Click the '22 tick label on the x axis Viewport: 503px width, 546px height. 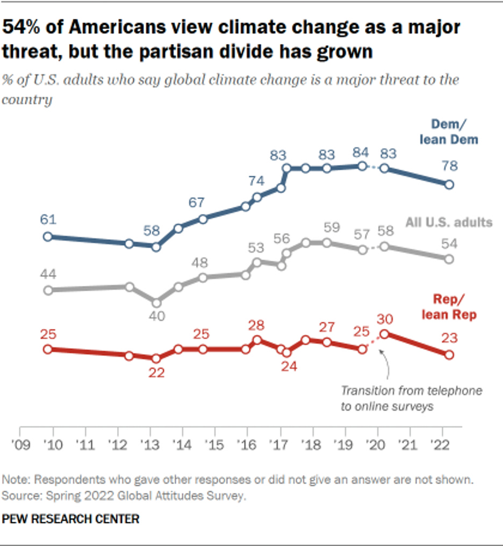click(441, 446)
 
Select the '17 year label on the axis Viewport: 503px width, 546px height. click(279, 446)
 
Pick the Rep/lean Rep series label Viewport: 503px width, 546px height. click(454, 307)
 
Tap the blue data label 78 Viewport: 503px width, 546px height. click(449, 166)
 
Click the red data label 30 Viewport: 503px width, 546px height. click(385, 319)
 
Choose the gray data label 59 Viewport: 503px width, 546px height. click(331, 227)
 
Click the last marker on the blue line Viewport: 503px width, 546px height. click(449, 184)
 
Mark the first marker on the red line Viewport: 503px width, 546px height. click(48, 349)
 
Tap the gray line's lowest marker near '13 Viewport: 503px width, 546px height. click(156, 303)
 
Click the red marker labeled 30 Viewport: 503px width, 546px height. click(385, 334)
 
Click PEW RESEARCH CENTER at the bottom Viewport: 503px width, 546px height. click(71, 519)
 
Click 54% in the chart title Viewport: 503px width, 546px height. click(23, 27)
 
